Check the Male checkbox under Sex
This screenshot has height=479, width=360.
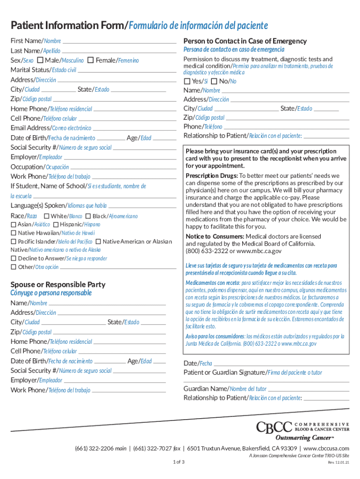(x=41, y=60)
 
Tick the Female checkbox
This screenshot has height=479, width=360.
(x=91, y=60)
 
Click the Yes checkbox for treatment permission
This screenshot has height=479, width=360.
(x=187, y=81)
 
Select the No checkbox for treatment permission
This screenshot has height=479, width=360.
(x=214, y=81)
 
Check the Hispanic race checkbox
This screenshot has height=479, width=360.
(x=56, y=225)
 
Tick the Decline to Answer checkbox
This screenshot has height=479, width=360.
(x=14, y=258)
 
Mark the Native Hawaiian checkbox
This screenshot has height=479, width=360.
(x=14, y=233)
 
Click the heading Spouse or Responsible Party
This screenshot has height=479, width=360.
(x=58, y=284)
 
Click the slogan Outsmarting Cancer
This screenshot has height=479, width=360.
(x=304, y=438)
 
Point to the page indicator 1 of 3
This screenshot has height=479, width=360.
(x=179, y=463)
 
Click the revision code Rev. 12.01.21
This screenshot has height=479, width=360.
(x=338, y=463)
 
